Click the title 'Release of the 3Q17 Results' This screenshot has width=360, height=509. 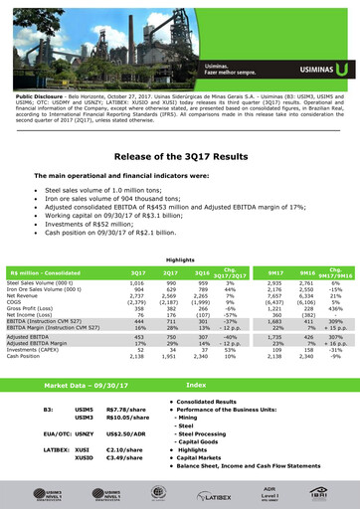click(x=179, y=157)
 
